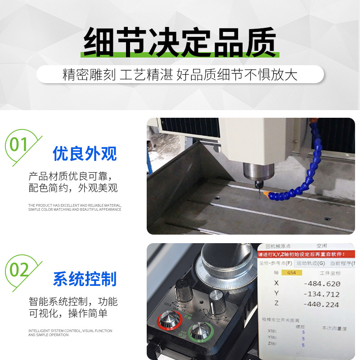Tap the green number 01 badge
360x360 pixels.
tap(19, 145)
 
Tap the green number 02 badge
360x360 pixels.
tap(19, 270)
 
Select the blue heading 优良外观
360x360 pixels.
tap(85, 154)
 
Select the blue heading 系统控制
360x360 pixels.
tap(85, 279)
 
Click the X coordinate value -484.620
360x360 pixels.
tap(322, 284)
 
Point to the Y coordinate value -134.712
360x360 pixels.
tap(322, 294)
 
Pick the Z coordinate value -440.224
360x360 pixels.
tap(322, 304)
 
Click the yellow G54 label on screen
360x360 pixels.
tap(292, 273)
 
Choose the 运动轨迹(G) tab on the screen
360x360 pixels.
tap(310, 263)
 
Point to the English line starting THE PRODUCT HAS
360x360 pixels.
tap(75, 207)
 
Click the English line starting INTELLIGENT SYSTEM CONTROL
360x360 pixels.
tap(70, 333)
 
